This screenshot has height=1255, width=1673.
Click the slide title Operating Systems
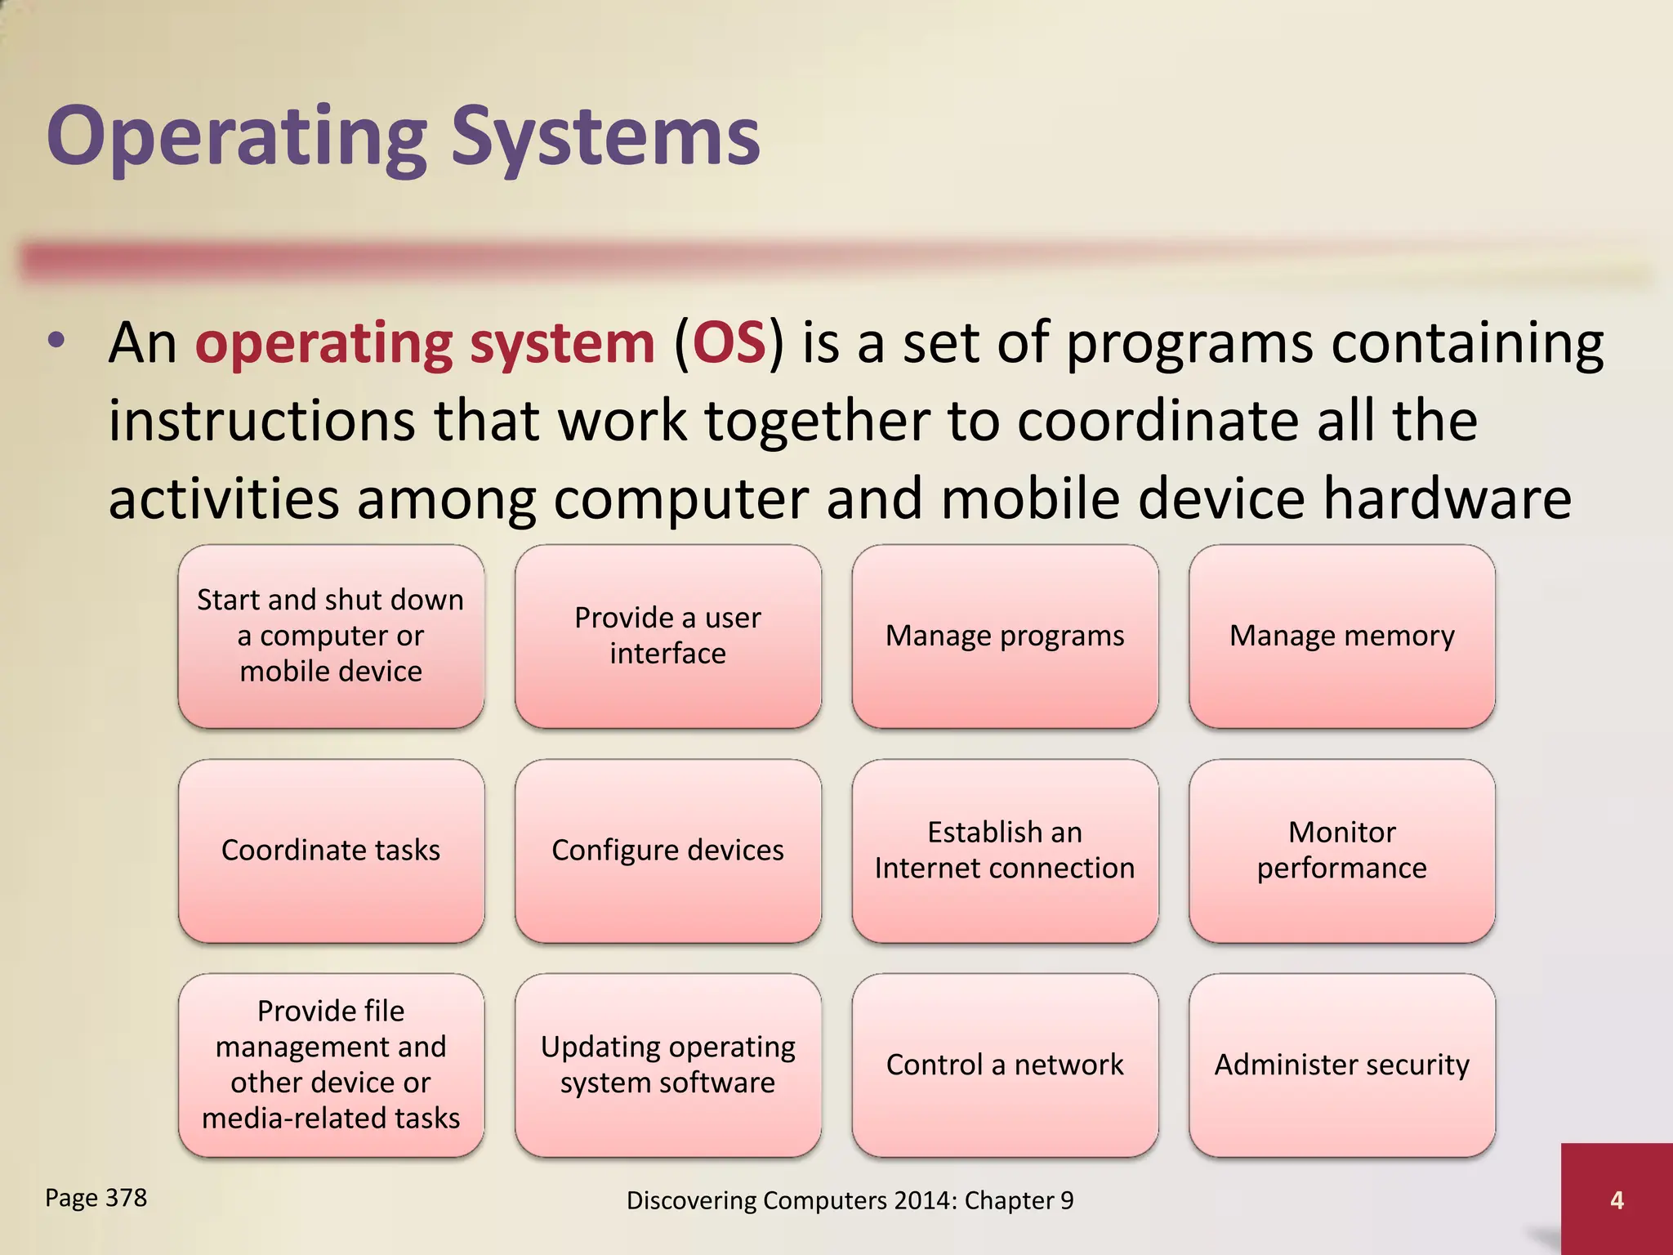(404, 136)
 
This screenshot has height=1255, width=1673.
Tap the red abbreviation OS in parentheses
(729, 343)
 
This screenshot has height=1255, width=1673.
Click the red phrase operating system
(425, 343)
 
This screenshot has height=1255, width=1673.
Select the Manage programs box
(1005, 636)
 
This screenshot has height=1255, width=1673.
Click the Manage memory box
(1341, 636)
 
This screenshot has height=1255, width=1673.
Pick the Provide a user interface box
(667, 636)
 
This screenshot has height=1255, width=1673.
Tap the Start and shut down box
(331, 636)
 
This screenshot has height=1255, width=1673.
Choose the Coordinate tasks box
(331, 851)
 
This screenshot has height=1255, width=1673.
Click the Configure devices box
(667, 851)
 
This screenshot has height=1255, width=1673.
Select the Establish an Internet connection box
(1005, 851)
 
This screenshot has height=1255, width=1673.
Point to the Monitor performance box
(1341, 851)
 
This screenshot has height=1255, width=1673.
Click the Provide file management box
(331, 1065)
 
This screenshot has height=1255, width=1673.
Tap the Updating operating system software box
(667, 1065)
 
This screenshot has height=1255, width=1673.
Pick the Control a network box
(1005, 1065)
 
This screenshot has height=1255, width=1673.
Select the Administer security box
(1341, 1065)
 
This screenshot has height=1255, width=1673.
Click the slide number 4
(1616, 1199)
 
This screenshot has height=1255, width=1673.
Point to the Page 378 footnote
(96, 1198)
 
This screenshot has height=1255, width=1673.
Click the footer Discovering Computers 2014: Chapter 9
(850, 1200)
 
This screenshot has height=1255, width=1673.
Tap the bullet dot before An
(56, 342)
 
